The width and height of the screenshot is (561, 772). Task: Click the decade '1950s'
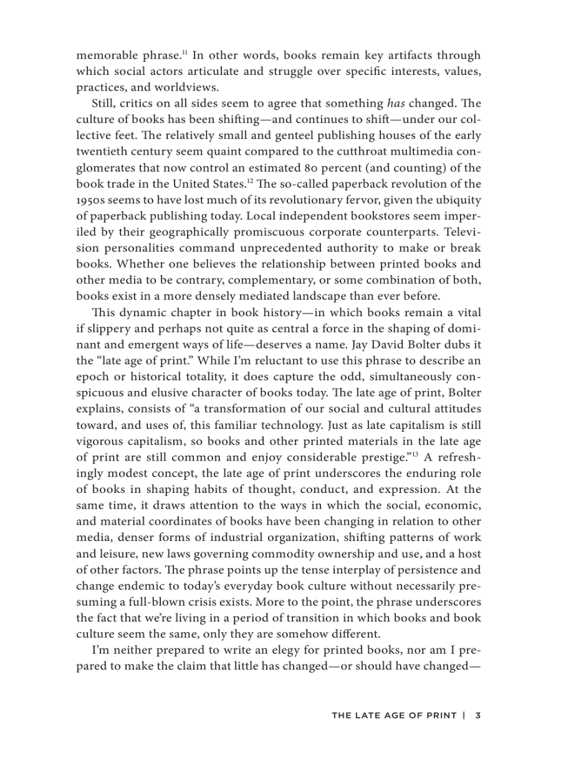[x=91, y=201]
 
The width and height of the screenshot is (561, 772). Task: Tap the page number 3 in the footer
[x=477, y=716]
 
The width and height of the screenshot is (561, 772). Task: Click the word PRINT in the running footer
[x=441, y=716]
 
